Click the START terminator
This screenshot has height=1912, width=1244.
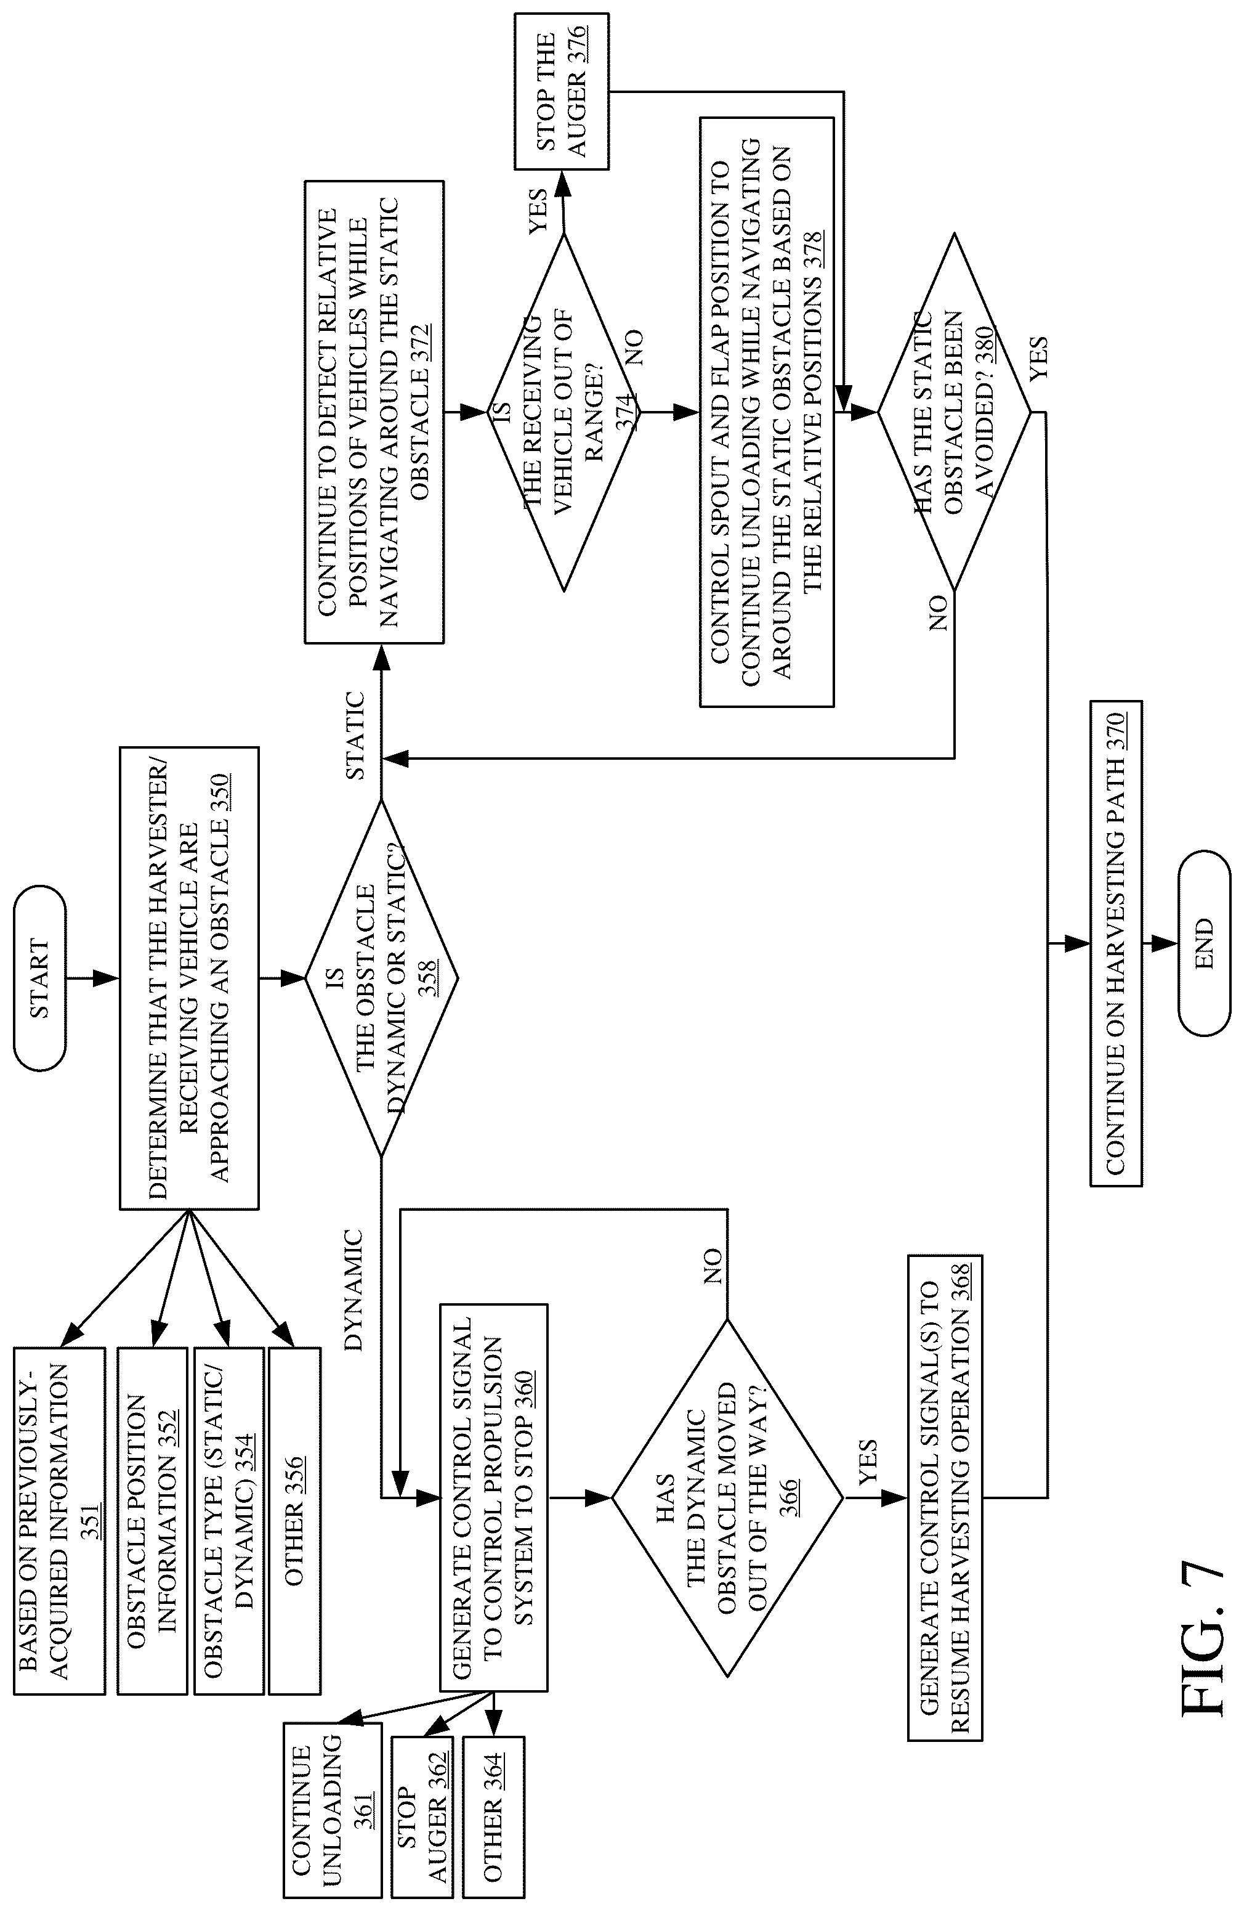pyautogui.click(x=39, y=978)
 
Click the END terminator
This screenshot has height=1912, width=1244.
pyautogui.click(x=1204, y=943)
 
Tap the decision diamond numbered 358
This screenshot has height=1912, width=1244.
pyautogui.click(x=381, y=978)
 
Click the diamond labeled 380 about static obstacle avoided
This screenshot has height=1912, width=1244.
pyautogui.click(x=954, y=413)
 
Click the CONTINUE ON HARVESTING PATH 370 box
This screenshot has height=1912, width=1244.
pyautogui.click(x=1115, y=943)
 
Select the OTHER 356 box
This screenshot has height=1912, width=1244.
pyautogui.click(x=295, y=1521)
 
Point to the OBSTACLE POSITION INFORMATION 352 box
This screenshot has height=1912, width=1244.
pyautogui.click(x=151, y=1521)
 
